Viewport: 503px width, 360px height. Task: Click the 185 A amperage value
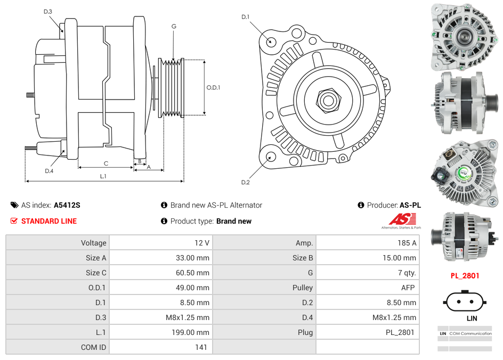click(x=407, y=243)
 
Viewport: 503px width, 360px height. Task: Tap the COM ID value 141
click(x=201, y=347)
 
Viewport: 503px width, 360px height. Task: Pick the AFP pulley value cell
click(x=408, y=288)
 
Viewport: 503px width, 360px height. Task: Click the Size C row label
click(x=96, y=273)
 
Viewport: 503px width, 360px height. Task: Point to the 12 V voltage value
click(x=202, y=243)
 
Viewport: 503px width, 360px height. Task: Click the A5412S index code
click(x=67, y=205)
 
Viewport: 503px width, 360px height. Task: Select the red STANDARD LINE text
click(x=49, y=221)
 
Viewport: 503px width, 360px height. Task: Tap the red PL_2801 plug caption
click(x=465, y=276)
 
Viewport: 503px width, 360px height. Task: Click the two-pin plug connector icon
click(x=465, y=301)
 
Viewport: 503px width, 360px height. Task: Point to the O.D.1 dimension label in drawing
click(x=213, y=88)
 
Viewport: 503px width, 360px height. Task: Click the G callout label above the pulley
click(x=174, y=26)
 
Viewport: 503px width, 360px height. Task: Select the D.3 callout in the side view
click(x=48, y=11)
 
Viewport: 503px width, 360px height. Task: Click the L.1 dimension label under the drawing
click(x=103, y=176)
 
